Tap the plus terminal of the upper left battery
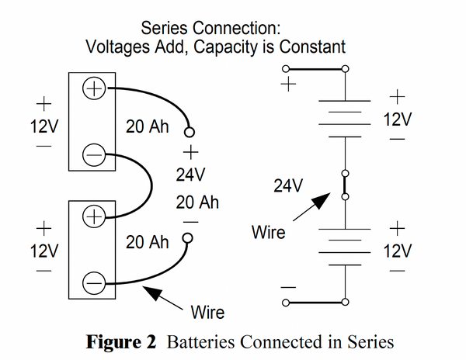coord(93,88)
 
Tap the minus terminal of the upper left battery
coord(93,156)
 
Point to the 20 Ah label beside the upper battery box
coord(148,126)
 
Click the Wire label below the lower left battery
coord(207,313)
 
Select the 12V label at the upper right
coord(398,120)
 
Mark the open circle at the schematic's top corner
coord(345,69)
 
